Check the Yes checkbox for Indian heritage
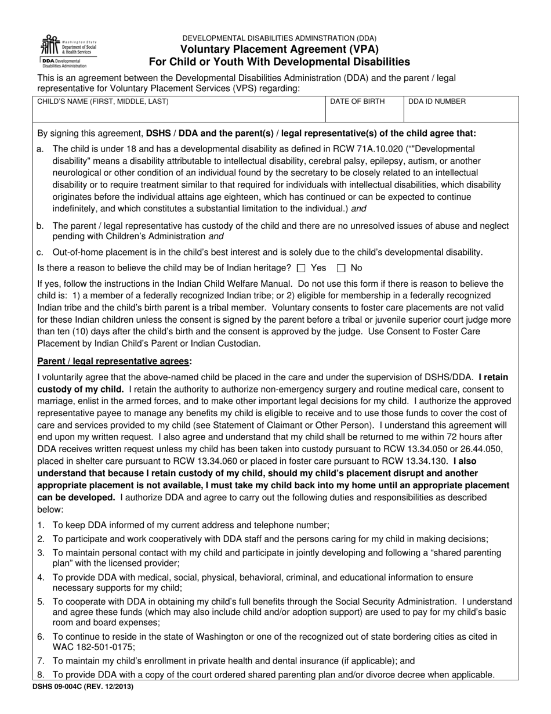[300, 268]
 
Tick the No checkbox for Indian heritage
[341, 268]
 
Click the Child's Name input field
[180, 113]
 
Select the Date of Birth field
[364, 113]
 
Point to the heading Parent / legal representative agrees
[114, 361]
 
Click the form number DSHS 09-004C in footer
[79, 687]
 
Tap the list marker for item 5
[41, 602]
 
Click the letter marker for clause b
[40, 226]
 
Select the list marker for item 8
[41, 675]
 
